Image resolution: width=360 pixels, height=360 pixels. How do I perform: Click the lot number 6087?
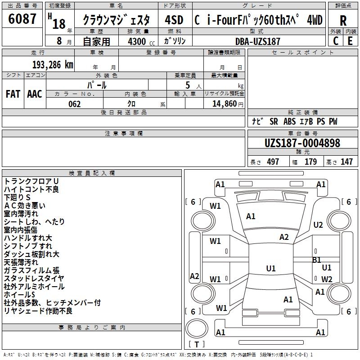[x=22, y=19]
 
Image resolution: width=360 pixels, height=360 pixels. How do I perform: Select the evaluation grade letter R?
[x=343, y=21]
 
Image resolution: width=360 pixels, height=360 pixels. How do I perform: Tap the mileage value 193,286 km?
[x=53, y=65]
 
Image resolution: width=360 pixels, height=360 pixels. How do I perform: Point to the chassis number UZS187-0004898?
[x=302, y=143]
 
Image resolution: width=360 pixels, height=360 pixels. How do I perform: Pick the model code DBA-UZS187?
[x=258, y=41]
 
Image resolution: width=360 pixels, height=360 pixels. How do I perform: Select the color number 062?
[x=75, y=104]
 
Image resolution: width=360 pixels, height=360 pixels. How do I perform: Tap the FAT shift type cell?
[x=13, y=94]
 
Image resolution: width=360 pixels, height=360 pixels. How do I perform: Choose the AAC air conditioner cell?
[x=35, y=94]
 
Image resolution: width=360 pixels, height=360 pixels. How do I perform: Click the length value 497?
[x=273, y=162]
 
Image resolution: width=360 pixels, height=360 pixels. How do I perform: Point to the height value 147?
[x=346, y=162]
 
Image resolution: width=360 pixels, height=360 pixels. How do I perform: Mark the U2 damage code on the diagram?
[x=318, y=225]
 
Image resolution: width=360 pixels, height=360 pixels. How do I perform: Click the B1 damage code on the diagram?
[x=317, y=260]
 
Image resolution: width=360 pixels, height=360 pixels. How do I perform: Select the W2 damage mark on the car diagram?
[x=327, y=279]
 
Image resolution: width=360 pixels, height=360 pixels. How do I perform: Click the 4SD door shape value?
[x=174, y=20]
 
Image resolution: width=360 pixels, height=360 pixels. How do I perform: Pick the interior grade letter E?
[x=350, y=41]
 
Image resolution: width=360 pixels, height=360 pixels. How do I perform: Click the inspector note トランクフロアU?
[x=31, y=181]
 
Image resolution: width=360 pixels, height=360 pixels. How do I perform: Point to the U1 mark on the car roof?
[x=271, y=268]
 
